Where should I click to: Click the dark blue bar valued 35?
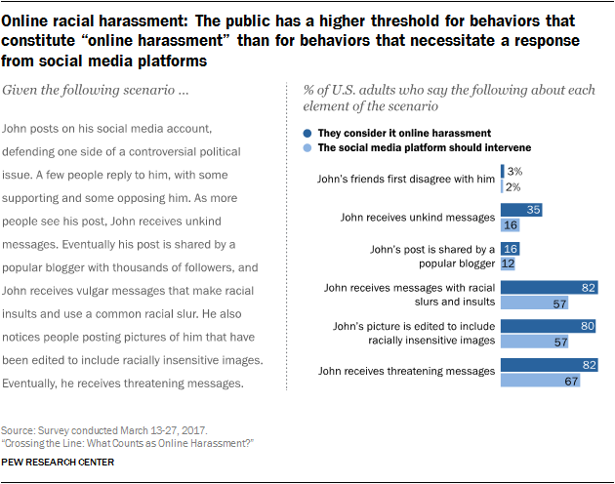521,209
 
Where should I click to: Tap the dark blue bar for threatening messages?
549,364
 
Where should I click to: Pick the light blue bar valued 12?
508,263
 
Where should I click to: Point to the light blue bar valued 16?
510,223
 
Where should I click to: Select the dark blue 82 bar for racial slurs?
549,288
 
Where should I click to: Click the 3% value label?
513,172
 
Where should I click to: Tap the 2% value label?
512,185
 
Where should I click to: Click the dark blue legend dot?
307,131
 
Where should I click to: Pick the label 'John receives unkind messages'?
415,217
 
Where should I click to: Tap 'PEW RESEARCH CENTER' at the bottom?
59,462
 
